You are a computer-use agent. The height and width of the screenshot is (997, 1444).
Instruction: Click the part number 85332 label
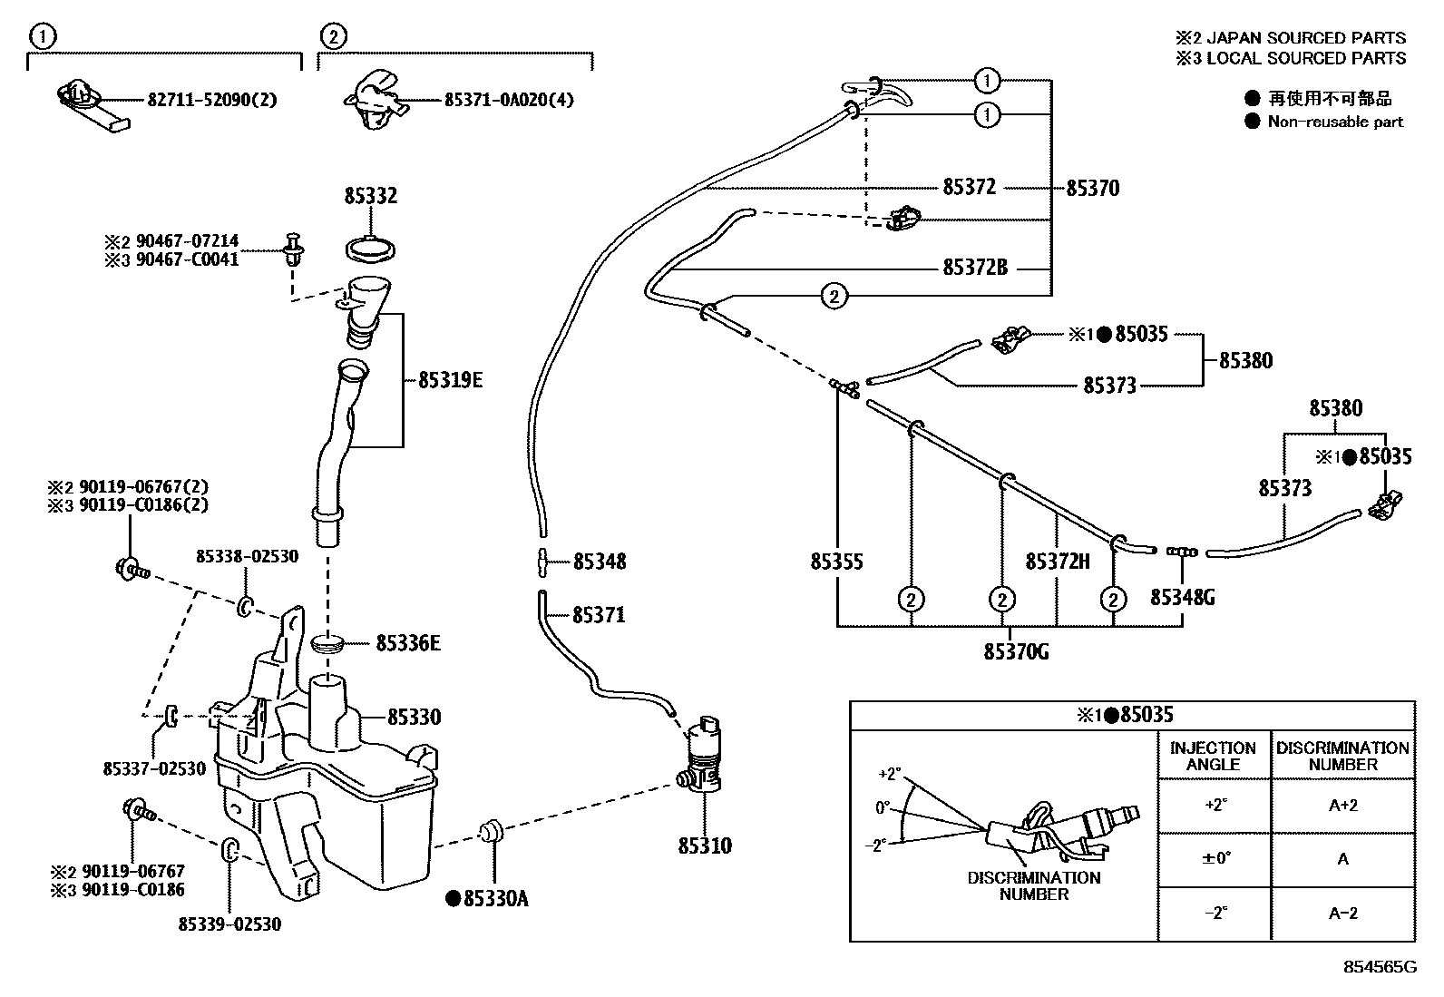[370, 196]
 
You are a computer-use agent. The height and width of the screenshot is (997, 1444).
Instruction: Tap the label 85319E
[450, 381]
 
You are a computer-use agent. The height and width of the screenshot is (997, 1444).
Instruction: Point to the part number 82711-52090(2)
[211, 100]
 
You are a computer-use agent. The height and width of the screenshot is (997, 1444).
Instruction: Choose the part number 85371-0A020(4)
[508, 100]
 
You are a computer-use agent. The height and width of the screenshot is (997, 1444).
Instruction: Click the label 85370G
[1016, 651]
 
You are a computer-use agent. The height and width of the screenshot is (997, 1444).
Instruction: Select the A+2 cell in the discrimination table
[1342, 806]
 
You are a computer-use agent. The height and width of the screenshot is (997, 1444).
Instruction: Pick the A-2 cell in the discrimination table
[1342, 914]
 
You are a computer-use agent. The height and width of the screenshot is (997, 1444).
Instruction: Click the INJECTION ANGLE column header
[1213, 756]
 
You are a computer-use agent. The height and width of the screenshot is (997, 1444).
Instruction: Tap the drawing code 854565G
[1380, 967]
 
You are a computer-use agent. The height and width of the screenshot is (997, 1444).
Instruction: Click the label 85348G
[1183, 597]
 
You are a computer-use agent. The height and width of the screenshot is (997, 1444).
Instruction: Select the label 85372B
[975, 268]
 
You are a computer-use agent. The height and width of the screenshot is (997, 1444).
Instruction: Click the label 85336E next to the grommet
[408, 643]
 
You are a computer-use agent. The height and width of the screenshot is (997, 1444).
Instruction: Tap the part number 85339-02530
[229, 924]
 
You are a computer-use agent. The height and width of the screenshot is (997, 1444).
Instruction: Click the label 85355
[836, 562]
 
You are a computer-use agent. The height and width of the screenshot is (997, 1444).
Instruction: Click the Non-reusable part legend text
[1335, 122]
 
